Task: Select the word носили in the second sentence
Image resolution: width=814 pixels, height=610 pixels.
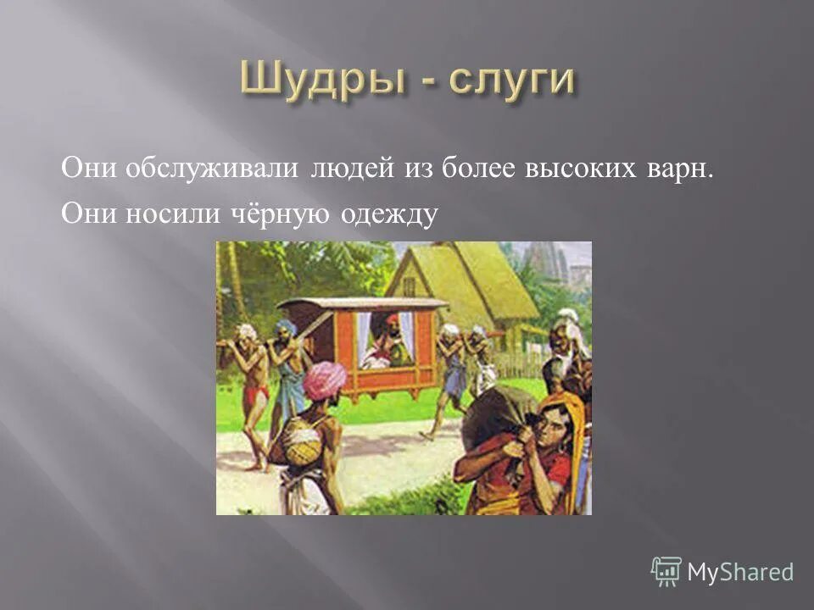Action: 168,217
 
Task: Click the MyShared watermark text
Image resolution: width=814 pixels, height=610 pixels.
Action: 740,572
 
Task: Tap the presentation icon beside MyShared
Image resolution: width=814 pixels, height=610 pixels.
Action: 666,571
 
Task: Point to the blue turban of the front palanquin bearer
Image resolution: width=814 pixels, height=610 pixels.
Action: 287,327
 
